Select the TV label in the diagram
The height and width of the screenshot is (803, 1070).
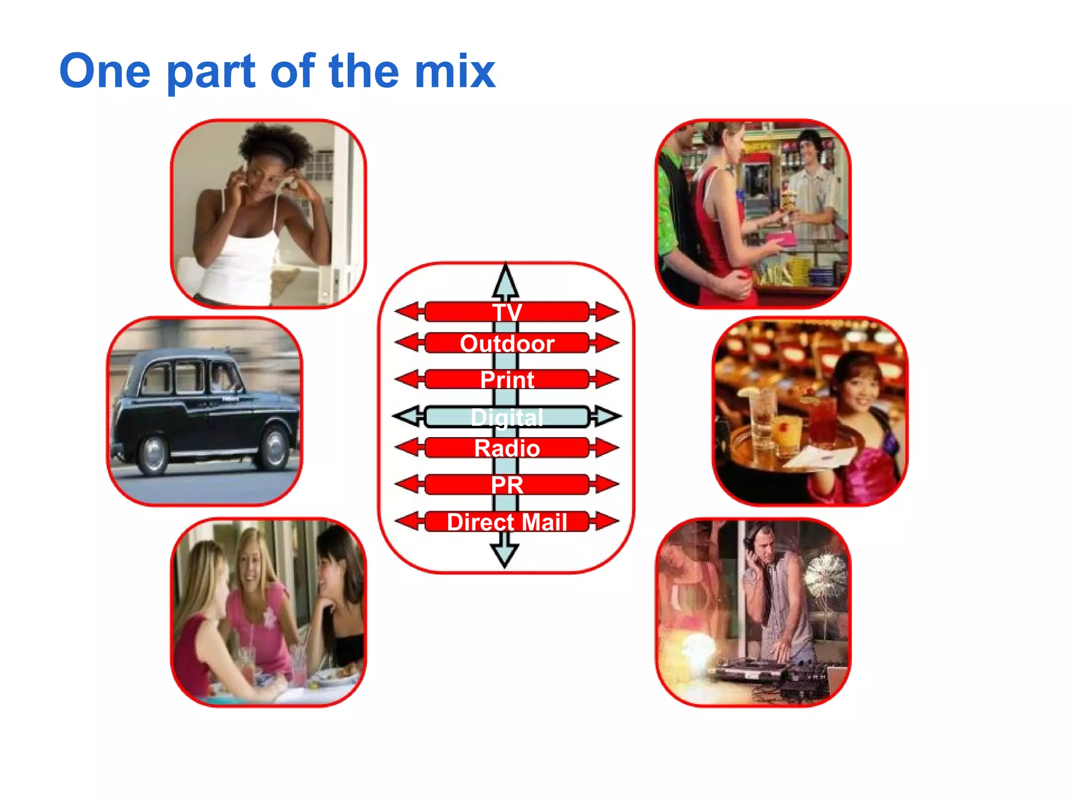pyautogui.click(x=507, y=312)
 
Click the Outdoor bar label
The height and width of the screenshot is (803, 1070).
pyautogui.click(x=507, y=343)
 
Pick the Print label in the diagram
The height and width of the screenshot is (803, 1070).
pyautogui.click(x=507, y=380)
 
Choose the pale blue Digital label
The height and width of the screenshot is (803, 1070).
pyautogui.click(x=507, y=417)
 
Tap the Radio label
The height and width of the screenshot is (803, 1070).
pyautogui.click(x=507, y=448)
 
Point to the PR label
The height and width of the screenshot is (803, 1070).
pyautogui.click(x=507, y=485)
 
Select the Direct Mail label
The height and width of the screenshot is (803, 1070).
pyautogui.click(x=507, y=522)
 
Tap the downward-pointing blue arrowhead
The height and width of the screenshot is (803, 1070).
pyautogui.click(x=505, y=555)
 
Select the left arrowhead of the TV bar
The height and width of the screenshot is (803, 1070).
pyautogui.click(x=406, y=312)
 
